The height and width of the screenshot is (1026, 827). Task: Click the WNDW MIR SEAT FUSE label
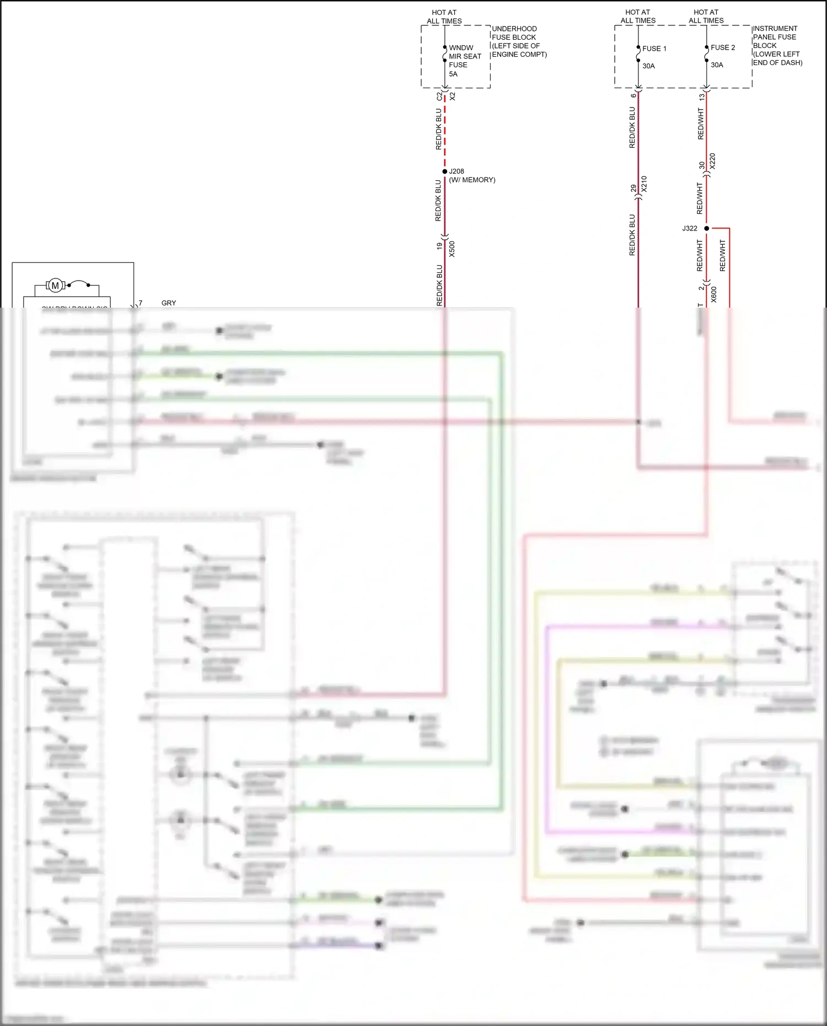coord(464,56)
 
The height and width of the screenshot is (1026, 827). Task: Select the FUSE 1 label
coord(654,49)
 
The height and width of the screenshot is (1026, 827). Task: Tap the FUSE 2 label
coord(722,47)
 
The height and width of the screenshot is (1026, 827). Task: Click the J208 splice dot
coord(445,171)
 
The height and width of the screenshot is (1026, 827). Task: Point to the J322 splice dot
coord(706,228)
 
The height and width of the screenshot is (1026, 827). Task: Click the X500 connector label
coord(452,249)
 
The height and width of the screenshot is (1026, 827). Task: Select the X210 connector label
coord(644,184)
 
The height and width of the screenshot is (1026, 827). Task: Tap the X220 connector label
coord(712,161)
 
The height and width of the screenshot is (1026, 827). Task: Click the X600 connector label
coord(714,294)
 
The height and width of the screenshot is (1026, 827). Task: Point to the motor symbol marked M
coord(55,286)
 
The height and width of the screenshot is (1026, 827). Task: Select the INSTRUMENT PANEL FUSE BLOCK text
coord(776,45)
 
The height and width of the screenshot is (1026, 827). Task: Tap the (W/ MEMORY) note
coord(472,180)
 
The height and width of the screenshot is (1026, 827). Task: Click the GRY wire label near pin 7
coord(169,303)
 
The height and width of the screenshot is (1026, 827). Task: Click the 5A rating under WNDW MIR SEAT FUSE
coord(453,74)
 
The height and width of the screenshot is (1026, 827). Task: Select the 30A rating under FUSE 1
coord(648,66)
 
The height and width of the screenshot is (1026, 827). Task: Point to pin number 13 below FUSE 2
coord(701,96)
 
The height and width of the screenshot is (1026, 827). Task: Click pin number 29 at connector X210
coord(633,188)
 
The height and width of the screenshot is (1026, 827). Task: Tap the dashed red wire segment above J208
coord(445,132)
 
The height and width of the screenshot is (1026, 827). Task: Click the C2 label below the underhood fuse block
coord(439,96)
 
